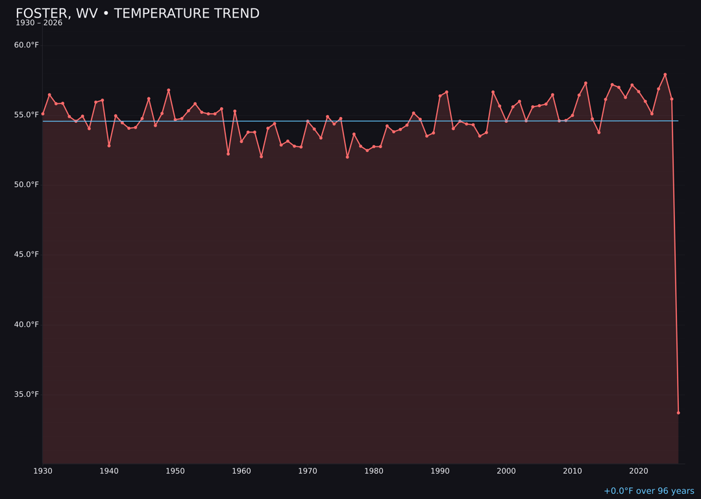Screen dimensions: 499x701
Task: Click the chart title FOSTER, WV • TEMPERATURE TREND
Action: [137, 14]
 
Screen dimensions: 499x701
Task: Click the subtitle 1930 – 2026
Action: [39, 23]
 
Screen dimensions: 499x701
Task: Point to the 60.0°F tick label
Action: [27, 45]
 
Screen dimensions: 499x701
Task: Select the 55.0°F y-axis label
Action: [27, 115]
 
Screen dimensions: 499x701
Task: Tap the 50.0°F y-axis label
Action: [27, 185]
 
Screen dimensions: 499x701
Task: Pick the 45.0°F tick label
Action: [27, 255]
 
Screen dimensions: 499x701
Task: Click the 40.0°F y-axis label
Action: [27, 325]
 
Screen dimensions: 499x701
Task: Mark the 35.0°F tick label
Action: [27, 394]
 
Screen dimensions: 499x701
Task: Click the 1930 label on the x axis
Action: [43, 471]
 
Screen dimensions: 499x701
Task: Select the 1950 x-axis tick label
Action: [175, 471]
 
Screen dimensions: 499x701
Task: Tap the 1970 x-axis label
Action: [308, 471]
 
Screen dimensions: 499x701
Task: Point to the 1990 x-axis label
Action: [440, 471]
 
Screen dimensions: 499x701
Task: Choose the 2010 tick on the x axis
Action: [572, 471]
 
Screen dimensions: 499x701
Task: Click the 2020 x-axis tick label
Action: [639, 471]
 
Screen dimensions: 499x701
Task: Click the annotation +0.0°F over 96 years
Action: [648, 491]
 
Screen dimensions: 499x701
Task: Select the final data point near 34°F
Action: [678, 413]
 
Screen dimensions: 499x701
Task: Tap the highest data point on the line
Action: [665, 75]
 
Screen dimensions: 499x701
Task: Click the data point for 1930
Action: [43, 114]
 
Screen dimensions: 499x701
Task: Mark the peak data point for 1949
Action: [169, 90]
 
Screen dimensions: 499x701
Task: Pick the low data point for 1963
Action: [261, 157]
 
